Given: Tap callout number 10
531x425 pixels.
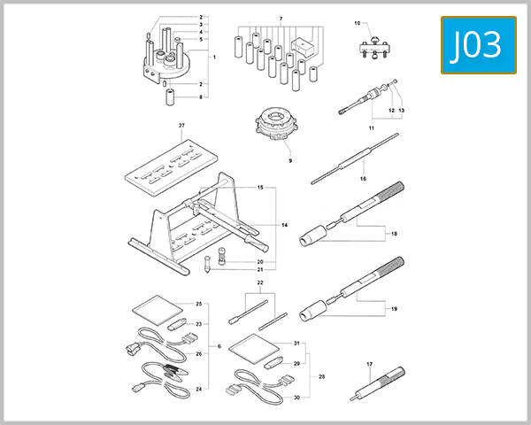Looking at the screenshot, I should [x=358, y=22].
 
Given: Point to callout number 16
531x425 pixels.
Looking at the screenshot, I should [x=363, y=178].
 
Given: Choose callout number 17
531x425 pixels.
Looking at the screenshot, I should [x=369, y=364].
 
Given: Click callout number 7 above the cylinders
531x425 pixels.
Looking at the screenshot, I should [x=281, y=19].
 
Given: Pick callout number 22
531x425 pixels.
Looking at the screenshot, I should [x=260, y=283].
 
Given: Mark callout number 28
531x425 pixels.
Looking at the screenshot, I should [x=321, y=377].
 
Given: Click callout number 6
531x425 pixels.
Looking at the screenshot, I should [x=219, y=346].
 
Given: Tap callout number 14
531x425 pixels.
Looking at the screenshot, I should [x=285, y=226].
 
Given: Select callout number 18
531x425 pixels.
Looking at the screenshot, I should [x=394, y=234].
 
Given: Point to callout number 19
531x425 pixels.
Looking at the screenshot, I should [x=394, y=309].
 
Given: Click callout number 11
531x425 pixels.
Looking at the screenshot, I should [x=372, y=130].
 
